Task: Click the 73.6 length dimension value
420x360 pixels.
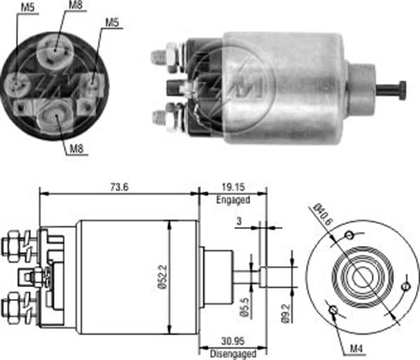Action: click(120, 187)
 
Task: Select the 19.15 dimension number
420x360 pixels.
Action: click(233, 187)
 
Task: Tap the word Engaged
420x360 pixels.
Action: click(233, 200)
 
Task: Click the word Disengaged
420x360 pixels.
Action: click(233, 354)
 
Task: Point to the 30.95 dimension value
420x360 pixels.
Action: click(233, 341)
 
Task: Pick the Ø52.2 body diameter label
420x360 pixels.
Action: click(163, 277)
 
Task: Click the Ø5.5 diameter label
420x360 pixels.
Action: click(245, 307)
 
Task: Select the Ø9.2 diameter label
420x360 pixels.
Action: click(286, 313)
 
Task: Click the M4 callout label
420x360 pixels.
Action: click(356, 349)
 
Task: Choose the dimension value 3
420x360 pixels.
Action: click(239, 221)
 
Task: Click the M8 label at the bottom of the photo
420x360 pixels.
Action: click(76, 148)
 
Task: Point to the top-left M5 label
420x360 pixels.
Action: click(27, 8)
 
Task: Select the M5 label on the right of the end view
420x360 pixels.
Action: click(112, 23)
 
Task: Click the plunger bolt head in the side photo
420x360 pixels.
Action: click(402, 90)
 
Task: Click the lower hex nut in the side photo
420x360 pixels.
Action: click(171, 118)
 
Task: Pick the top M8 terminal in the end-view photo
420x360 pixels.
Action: click(55, 50)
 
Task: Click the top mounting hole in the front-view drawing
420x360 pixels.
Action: click(349, 235)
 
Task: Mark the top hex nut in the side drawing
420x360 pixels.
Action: click(13, 246)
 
